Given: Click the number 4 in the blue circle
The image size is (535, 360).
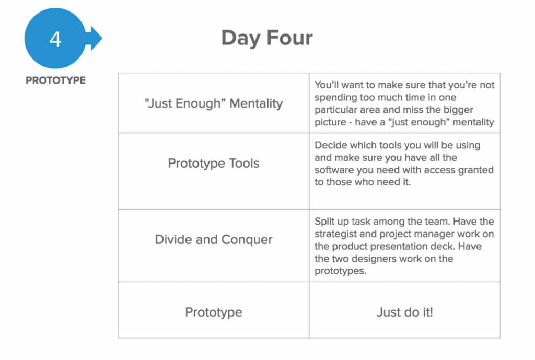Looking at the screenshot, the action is point(55,39).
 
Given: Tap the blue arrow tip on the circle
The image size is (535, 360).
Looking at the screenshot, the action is point(102,38).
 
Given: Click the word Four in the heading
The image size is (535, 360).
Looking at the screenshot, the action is point(289,38).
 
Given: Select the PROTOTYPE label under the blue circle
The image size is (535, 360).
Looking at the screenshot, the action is point(55,80).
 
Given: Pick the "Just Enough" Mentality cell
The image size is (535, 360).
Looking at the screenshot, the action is point(214,103).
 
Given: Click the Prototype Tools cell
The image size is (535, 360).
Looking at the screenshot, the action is point(214,171).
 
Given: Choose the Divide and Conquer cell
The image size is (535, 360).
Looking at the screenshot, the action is point(214,246).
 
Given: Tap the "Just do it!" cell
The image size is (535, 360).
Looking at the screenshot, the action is point(405,310).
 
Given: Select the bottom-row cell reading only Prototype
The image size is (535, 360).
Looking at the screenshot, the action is point(214,310).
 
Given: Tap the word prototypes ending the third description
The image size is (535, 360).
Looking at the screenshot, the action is point(340,271).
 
